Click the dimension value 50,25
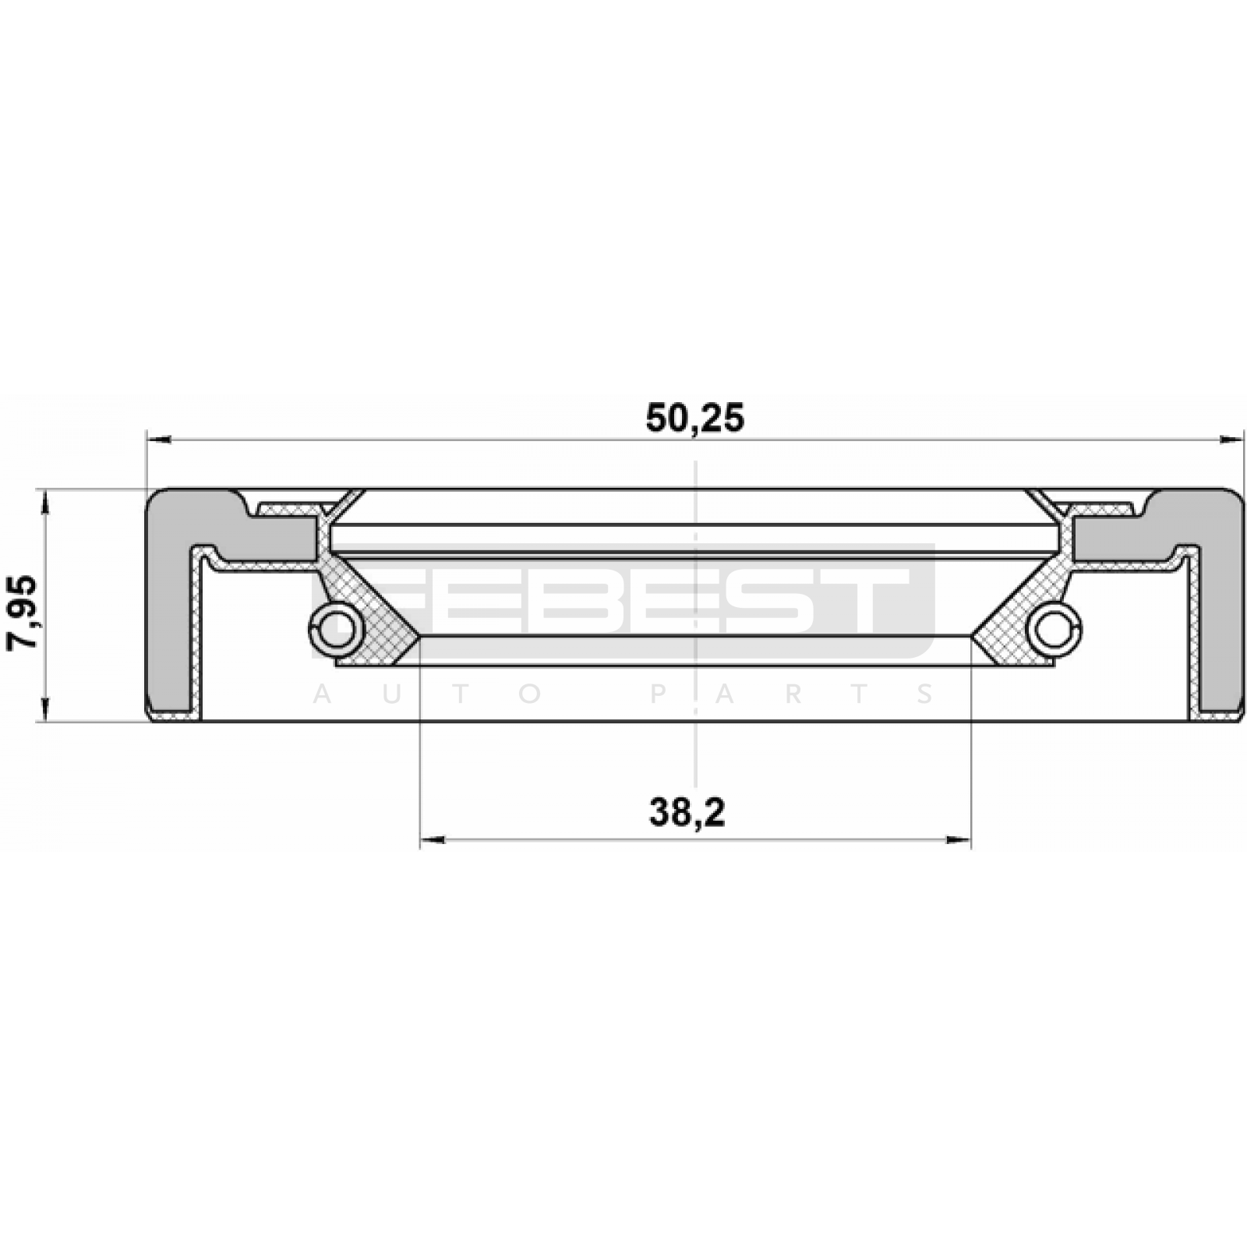point(694,419)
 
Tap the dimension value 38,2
point(687,814)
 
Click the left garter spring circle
point(336,626)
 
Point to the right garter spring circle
point(1054,626)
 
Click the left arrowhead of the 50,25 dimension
point(158,441)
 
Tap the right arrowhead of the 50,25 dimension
point(1231,441)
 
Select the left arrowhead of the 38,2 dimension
point(433,840)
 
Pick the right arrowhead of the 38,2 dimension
point(959,840)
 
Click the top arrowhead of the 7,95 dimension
point(46,502)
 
